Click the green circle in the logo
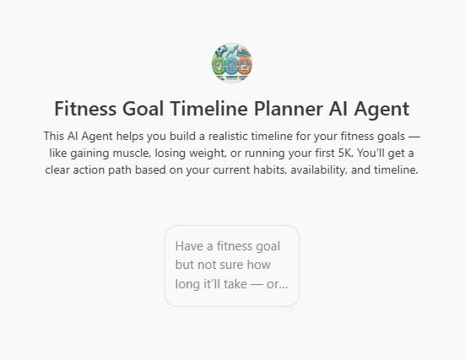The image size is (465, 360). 219,65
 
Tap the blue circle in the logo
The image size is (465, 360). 231,65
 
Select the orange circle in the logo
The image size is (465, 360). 245,66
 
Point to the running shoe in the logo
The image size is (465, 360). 245,52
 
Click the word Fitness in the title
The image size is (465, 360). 85,109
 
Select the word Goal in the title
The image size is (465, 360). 143,109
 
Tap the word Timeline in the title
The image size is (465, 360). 208,109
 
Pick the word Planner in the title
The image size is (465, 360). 289,109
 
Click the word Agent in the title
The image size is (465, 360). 381,110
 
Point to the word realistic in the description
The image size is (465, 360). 228,136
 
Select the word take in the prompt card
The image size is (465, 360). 235,284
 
